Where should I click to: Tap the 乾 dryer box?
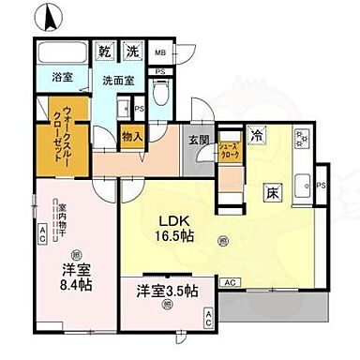click(108, 51)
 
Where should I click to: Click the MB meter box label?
click(160, 53)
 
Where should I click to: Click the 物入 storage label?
click(132, 137)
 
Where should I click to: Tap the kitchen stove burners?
click(303, 140)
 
